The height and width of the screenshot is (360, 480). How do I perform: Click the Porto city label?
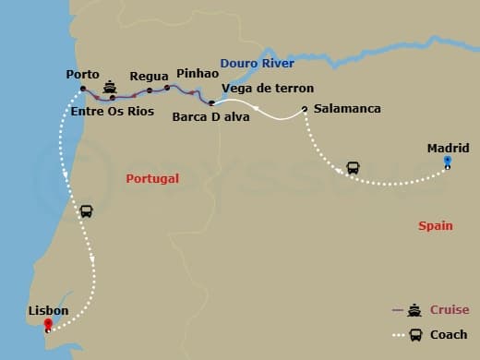[x=83, y=75]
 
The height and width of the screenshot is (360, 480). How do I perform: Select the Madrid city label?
[x=448, y=148]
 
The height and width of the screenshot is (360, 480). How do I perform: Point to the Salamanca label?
[x=347, y=109]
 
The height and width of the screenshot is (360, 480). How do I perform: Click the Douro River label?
[x=257, y=63]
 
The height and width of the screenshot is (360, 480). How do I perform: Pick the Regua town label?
[x=149, y=77]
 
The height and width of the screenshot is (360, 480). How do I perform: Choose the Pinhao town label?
[x=197, y=72]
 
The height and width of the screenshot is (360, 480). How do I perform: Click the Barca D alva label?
[x=210, y=117]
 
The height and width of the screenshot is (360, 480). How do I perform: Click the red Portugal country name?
[x=152, y=179]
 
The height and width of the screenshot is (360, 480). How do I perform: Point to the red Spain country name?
[x=436, y=225]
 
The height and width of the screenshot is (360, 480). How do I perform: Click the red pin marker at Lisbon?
[x=60, y=325]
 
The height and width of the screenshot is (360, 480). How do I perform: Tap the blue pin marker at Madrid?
[x=448, y=162]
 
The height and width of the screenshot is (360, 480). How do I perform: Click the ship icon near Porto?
[x=111, y=87]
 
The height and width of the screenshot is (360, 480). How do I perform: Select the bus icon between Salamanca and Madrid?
[x=353, y=169]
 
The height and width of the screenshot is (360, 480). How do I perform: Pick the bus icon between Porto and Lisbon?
[x=86, y=210]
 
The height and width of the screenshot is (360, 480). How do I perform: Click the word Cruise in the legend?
[x=450, y=310]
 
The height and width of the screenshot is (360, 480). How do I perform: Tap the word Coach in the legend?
[x=449, y=334]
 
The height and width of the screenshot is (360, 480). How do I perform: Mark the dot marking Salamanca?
[x=305, y=110]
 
